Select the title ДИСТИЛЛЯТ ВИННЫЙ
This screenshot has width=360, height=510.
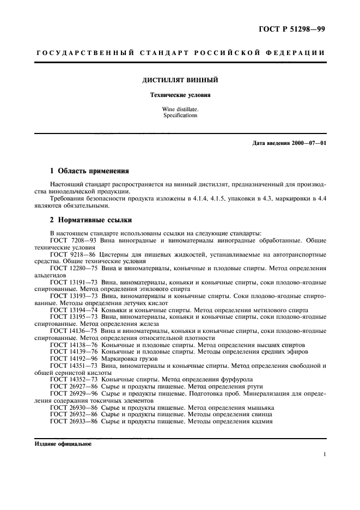180,80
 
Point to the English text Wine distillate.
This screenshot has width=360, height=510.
180,110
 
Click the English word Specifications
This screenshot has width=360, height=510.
180,116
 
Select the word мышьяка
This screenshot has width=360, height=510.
258,407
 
